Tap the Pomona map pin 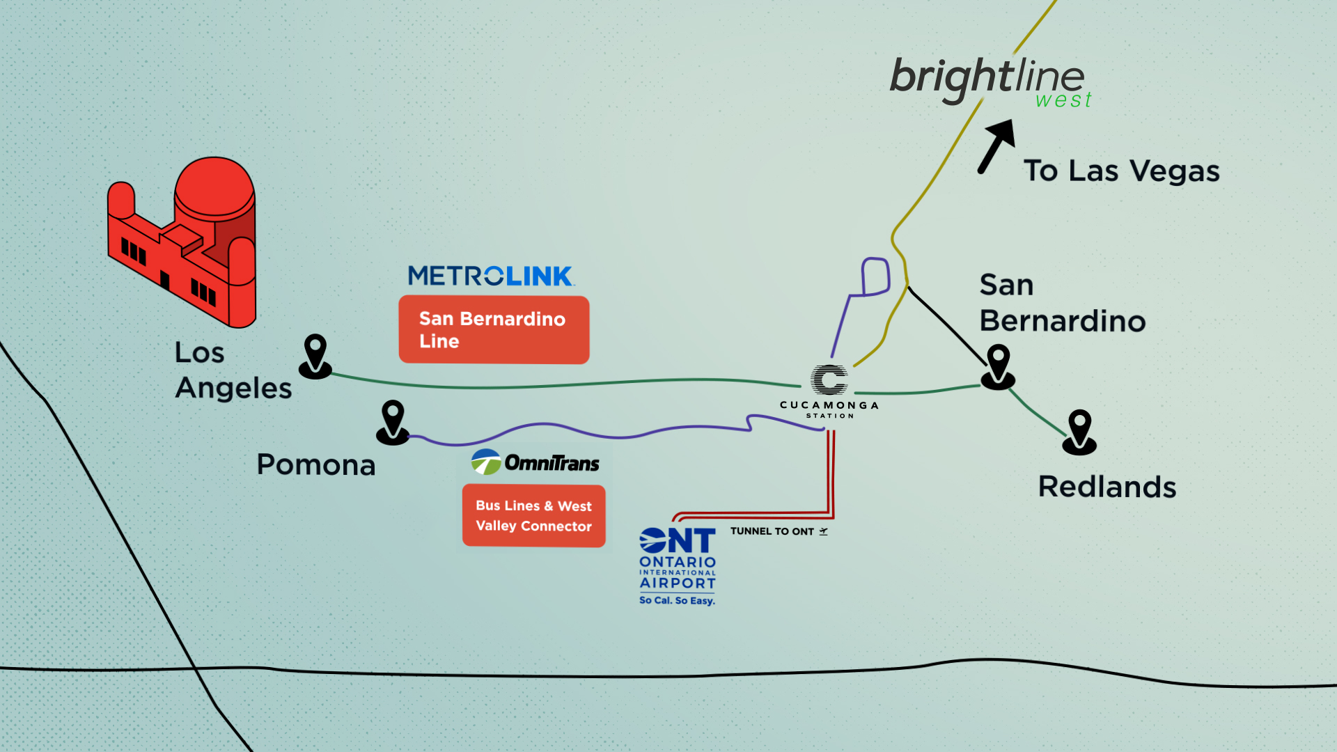coord(393,421)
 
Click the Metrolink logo coord(491,276)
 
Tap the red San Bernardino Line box coord(494,329)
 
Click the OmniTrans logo coord(535,462)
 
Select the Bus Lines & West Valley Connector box coord(533,516)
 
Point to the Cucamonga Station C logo coord(829,380)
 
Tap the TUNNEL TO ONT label coord(772,531)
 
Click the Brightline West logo coord(989,80)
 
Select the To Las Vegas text coord(1121,171)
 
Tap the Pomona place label coord(316,464)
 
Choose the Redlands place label coord(1107,487)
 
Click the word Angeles coord(233,389)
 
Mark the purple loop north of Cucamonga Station coord(875,276)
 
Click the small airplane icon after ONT coord(824,531)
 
